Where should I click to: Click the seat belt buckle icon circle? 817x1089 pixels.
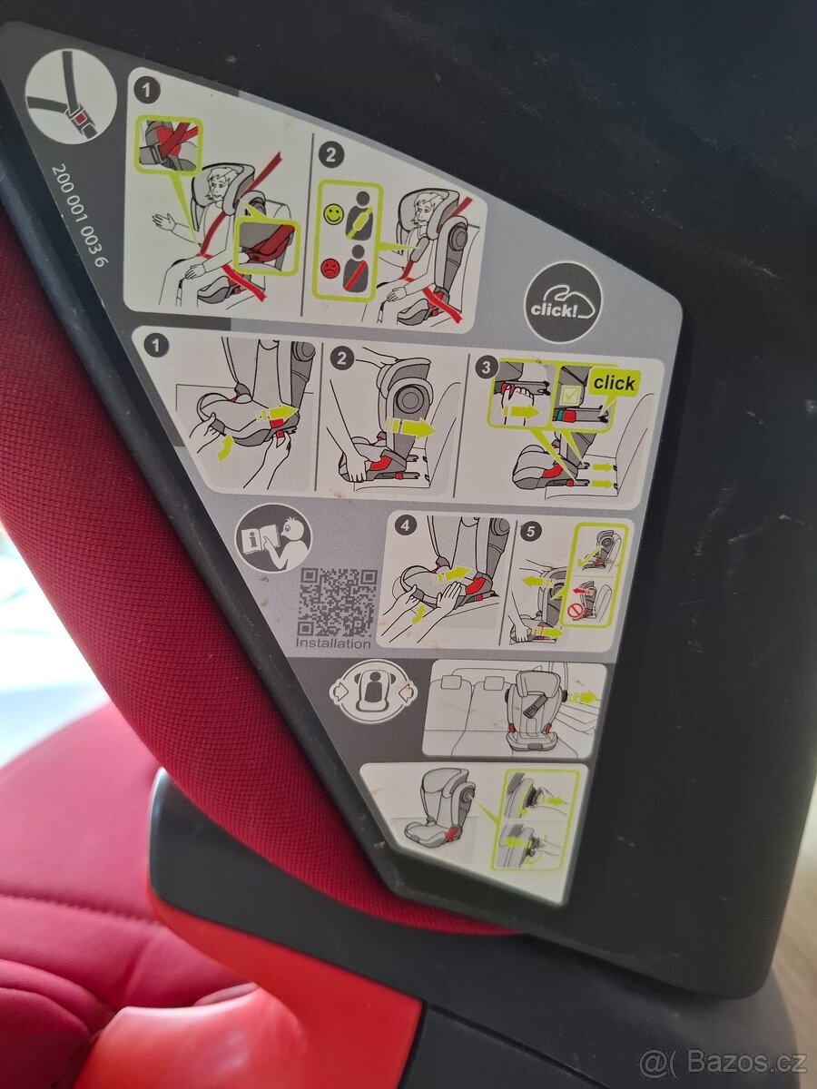tap(70, 97)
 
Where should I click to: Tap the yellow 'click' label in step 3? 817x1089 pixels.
tap(614, 383)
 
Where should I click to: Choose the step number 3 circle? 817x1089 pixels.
tap(488, 368)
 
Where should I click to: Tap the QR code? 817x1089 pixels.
tap(337, 601)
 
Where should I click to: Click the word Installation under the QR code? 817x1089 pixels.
tap(334, 643)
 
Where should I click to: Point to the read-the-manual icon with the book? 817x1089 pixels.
tap(273, 539)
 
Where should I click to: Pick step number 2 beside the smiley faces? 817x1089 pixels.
tap(332, 155)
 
